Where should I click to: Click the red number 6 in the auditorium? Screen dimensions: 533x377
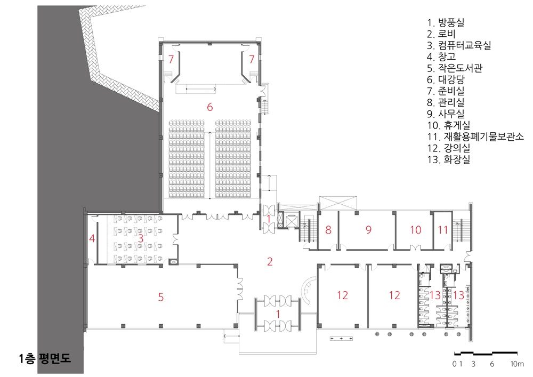209,107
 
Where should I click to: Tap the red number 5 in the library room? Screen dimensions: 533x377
161,297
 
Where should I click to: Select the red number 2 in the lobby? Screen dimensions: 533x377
270,261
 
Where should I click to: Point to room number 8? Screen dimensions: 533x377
328,230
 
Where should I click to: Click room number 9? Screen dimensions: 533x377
368,230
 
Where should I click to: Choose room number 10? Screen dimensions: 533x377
416,230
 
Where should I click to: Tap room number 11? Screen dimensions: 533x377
442,230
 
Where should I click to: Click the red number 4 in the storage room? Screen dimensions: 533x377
92,238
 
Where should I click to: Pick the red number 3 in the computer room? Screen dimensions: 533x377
140,238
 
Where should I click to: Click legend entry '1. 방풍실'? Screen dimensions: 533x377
446,23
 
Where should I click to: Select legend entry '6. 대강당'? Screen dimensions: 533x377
446,79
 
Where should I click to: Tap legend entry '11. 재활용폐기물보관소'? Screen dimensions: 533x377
475,137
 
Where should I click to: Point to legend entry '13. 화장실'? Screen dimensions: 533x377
449,159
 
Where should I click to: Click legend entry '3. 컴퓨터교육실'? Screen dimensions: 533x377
459,45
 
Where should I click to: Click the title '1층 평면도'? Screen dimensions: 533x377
45,358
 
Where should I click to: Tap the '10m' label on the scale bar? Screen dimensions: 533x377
517,364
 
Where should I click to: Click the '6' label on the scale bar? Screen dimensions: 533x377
492,364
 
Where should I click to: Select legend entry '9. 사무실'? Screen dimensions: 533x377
446,114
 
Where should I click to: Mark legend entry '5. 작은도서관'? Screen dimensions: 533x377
455,68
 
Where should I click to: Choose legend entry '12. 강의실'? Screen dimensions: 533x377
449,148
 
